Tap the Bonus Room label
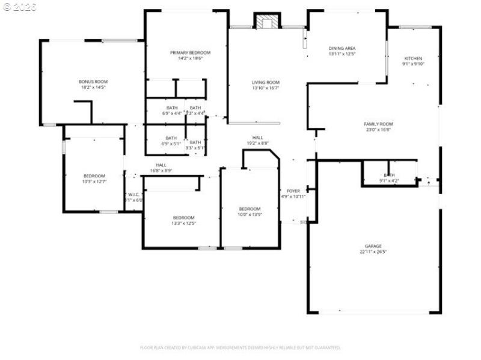click(93, 82)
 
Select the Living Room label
click(265, 82)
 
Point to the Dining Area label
click(342, 48)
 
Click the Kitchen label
click(413, 58)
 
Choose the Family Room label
click(378, 124)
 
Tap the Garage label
click(373, 246)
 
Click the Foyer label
click(293, 191)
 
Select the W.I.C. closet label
click(133, 194)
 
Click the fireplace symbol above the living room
click(267, 22)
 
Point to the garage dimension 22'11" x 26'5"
click(373, 252)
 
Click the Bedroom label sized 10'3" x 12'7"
click(94, 175)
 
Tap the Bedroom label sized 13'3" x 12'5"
click(184, 217)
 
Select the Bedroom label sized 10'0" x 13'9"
click(250, 209)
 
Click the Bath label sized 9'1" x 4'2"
click(389, 175)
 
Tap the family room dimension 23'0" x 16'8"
click(378, 130)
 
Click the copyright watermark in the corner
click(19, 7)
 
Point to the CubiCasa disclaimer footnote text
click(240, 347)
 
